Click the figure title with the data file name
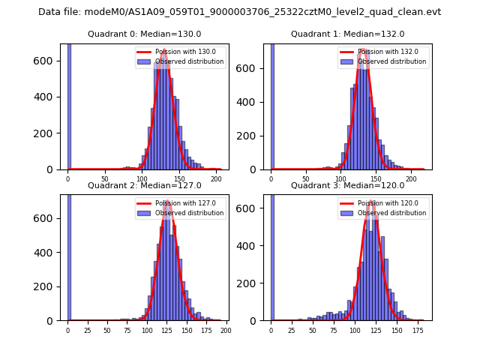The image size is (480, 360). tap(239, 12)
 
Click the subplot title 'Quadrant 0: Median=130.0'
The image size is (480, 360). tap(144, 34)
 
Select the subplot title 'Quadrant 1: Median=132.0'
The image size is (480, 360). tap(347, 34)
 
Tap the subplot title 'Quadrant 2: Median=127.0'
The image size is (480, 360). tap(144, 185)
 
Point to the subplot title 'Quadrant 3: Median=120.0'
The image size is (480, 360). tap(347, 185)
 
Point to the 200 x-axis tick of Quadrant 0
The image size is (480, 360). tap(216, 180)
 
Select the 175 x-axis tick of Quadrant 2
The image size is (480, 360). tap(206, 331)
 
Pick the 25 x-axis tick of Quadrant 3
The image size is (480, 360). tap(290, 331)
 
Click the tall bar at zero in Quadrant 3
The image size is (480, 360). tap(272, 262)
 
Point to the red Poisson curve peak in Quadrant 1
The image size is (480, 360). tap(364, 50)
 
